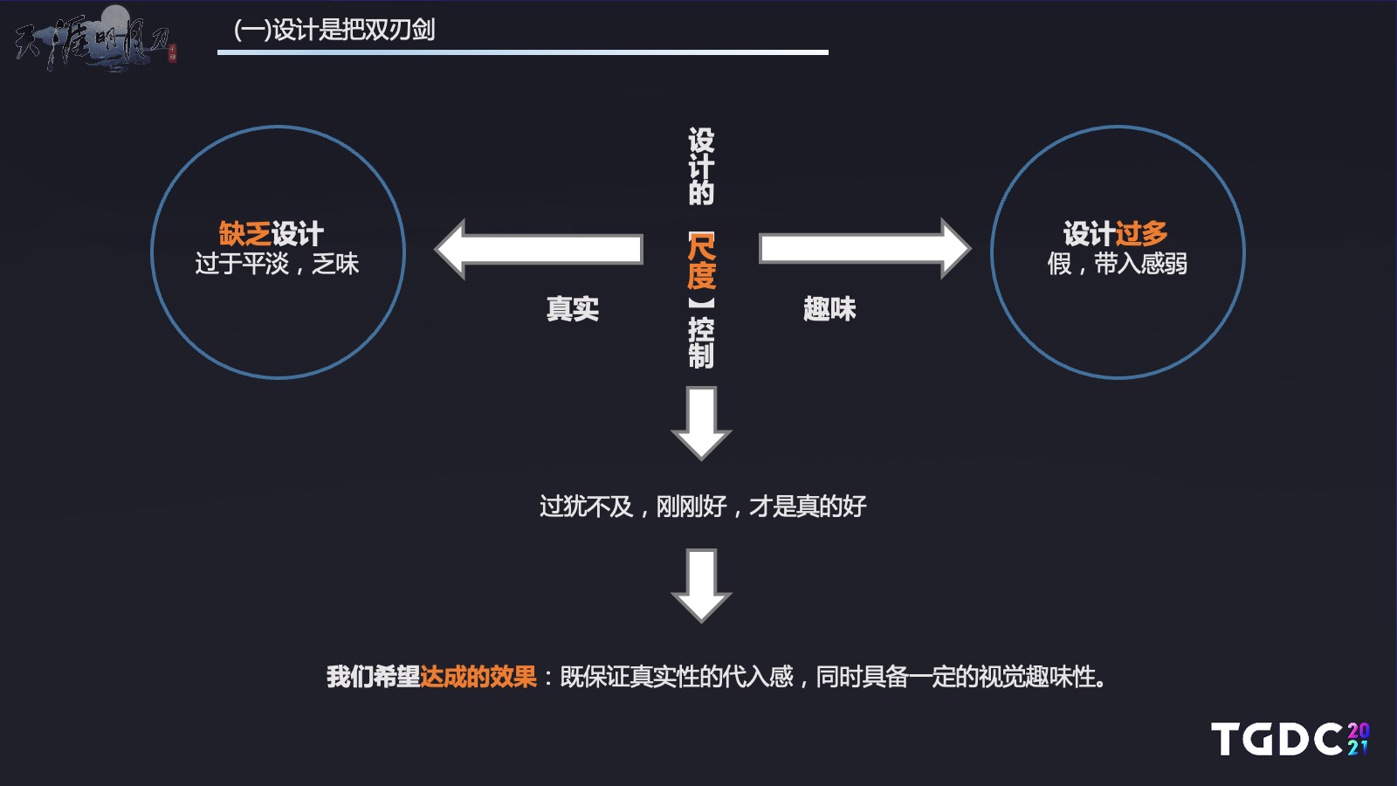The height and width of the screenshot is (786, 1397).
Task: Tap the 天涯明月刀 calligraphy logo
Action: (95, 38)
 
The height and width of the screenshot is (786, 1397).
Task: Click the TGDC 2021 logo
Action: (1290, 739)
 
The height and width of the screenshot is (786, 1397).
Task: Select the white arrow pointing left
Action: (538, 249)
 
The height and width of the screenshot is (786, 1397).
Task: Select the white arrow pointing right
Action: (865, 249)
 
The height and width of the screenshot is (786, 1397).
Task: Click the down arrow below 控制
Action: (701, 424)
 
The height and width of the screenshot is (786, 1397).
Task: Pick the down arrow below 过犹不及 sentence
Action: (701, 586)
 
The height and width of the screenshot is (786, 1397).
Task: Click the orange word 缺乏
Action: (244, 234)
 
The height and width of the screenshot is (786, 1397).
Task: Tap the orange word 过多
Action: (1141, 234)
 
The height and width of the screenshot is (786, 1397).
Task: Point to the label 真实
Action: (573, 309)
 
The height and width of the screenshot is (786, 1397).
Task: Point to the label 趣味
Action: (829, 309)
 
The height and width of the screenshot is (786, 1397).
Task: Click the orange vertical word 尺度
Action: (701, 261)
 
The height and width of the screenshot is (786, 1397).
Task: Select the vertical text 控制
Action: (701, 342)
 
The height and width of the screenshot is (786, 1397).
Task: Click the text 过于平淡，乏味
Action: (277, 264)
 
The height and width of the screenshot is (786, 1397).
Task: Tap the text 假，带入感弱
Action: (1117, 264)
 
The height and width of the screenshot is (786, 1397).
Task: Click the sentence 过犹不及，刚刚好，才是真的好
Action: (703, 507)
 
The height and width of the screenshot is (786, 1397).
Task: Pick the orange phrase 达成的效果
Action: (478, 677)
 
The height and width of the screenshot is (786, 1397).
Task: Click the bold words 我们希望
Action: (373, 677)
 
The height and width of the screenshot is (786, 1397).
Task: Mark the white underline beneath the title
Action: (523, 52)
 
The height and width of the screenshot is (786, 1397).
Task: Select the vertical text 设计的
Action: (701, 167)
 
